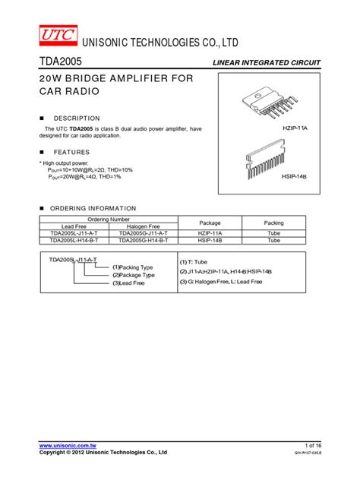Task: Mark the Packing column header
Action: tap(273, 223)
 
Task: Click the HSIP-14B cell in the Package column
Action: tap(210, 240)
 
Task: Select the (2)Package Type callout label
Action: tap(133, 275)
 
